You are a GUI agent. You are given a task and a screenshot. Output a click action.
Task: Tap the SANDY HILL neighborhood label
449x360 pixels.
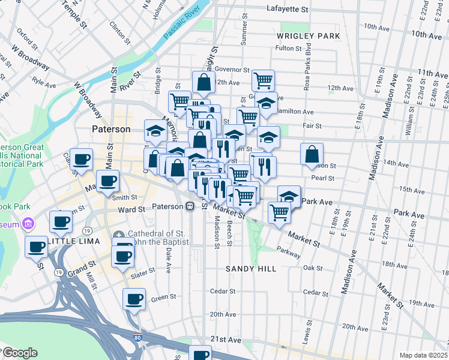251,269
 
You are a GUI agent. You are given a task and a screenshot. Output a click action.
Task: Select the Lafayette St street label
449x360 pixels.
287,10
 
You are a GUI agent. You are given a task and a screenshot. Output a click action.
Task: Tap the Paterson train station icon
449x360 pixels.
190,206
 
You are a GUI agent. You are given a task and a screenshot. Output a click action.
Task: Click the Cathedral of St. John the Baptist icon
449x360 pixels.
119,234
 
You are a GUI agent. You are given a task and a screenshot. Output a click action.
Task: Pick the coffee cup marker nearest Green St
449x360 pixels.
134,298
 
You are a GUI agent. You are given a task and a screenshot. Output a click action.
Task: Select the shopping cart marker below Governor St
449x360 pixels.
262,80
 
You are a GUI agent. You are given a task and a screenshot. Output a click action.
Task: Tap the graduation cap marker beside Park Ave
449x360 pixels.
289,196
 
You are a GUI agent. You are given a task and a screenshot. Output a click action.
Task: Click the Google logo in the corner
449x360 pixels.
19,353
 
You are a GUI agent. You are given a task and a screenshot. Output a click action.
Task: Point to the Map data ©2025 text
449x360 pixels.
423,355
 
